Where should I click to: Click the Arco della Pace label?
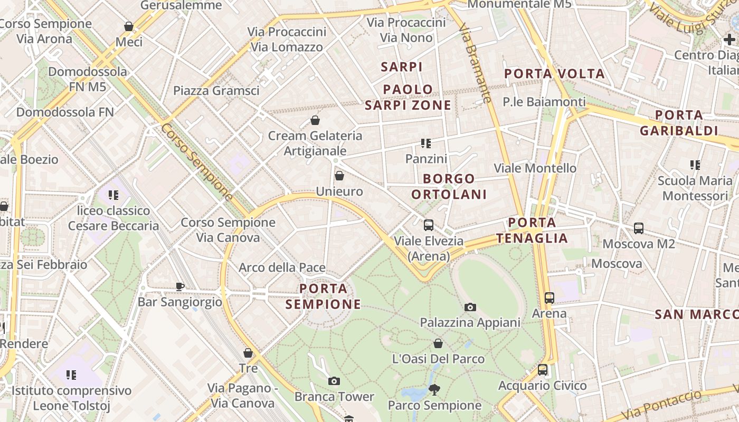click(282, 267)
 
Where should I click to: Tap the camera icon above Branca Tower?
click(334, 381)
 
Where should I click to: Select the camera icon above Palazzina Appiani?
click(470, 307)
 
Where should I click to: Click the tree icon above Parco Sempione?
click(434, 390)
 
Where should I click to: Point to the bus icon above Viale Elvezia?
click(429, 225)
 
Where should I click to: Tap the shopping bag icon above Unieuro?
click(339, 176)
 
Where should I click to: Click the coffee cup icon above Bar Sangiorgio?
click(180, 286)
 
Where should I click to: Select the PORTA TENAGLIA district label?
click(532, 230)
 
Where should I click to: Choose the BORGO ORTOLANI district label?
click(449, 186)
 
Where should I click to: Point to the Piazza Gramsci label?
click(216, 90)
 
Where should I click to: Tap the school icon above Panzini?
click(426, 143)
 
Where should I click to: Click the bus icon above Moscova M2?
click(639, 228)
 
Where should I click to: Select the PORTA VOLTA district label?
click(554, 73)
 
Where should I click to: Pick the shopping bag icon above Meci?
click(129, 26)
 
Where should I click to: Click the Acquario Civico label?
click(543, 386)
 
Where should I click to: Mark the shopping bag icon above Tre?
click(248, 353)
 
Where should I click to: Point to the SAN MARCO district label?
click(696, 314)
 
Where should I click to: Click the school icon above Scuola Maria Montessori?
click(695, 165)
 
